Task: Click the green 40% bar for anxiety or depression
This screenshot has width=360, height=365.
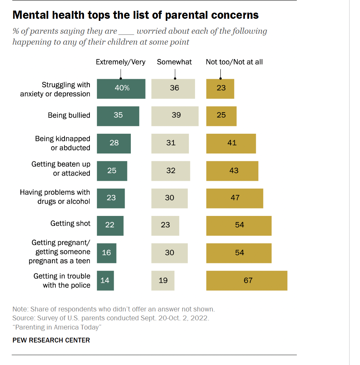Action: point(121,89)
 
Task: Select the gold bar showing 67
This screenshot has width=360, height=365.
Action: point(247,280)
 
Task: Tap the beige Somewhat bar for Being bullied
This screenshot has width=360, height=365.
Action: point(175,116)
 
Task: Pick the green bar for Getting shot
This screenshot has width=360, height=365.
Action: point(110,225)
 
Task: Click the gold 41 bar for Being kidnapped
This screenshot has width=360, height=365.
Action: point(231,143)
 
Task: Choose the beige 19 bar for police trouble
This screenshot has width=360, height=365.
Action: point(163,280)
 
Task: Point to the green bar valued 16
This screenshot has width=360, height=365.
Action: point(107,253)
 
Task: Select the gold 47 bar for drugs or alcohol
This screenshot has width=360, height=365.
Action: point(235,198)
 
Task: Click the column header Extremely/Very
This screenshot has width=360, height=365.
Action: point(121,62)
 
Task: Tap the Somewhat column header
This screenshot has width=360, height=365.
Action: point(174,62)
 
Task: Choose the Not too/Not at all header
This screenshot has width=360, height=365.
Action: point(234,62)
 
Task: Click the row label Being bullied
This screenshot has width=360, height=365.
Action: point(69,115)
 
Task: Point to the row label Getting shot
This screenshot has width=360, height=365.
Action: point(70,223)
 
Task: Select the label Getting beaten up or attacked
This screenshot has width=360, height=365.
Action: point(61,169)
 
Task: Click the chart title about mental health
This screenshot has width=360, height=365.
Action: point(136,15)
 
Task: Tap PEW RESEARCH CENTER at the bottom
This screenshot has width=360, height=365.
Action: point(51,340)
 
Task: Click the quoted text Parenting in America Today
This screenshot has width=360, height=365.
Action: point(57,327)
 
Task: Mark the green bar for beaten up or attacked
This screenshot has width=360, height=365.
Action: point(112,171)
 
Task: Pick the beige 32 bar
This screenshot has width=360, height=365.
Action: point(171,171)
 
